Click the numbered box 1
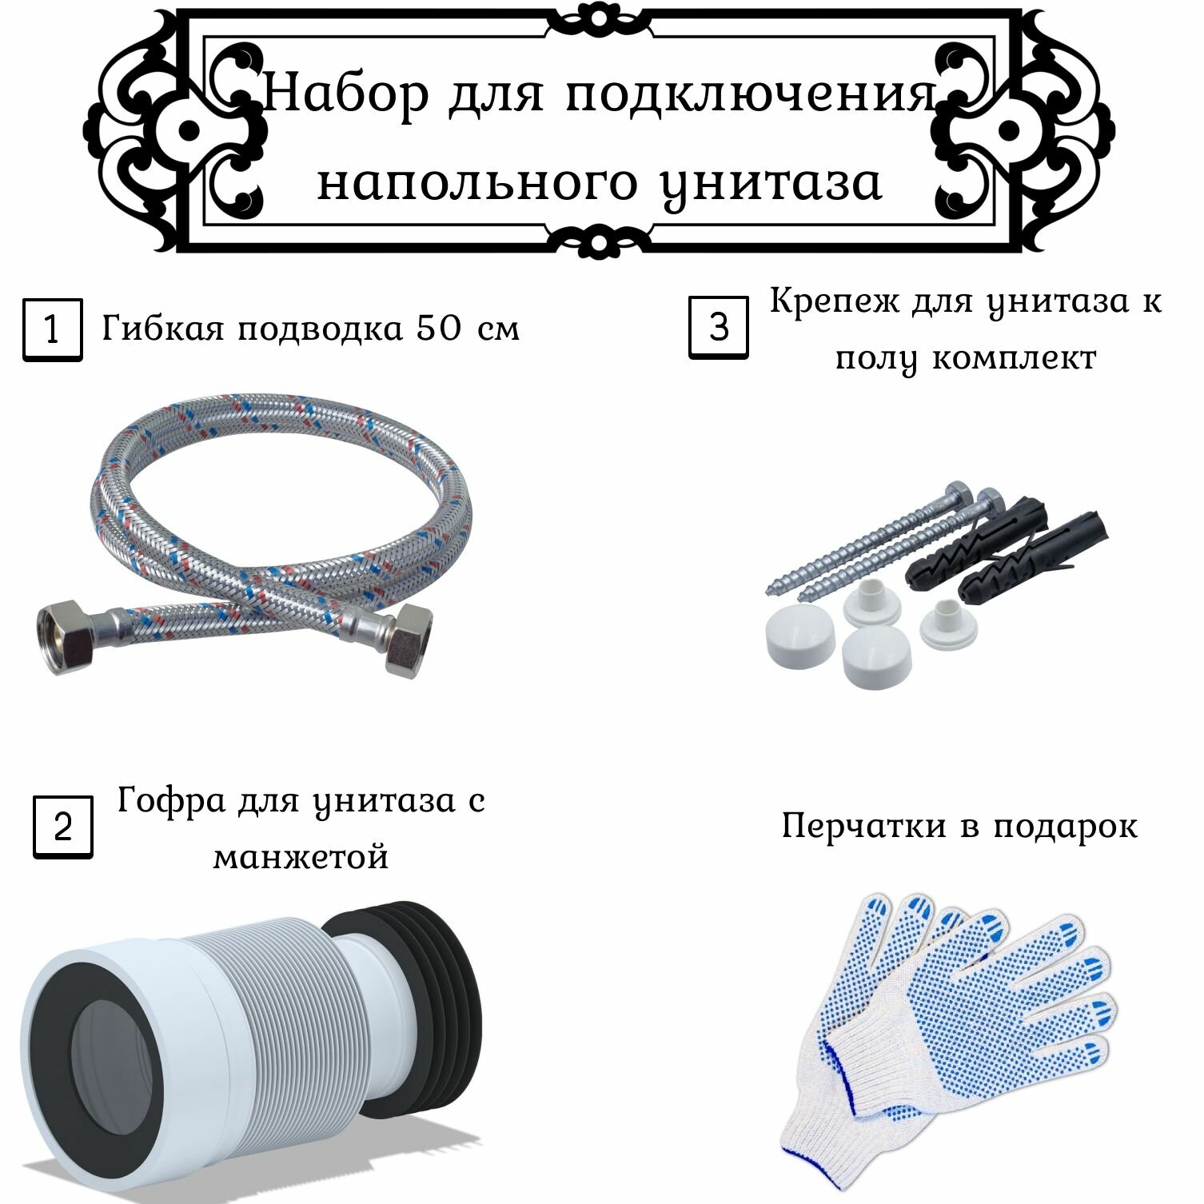pos(52,329)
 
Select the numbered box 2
pos(62,827)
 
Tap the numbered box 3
pos(719,327)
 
